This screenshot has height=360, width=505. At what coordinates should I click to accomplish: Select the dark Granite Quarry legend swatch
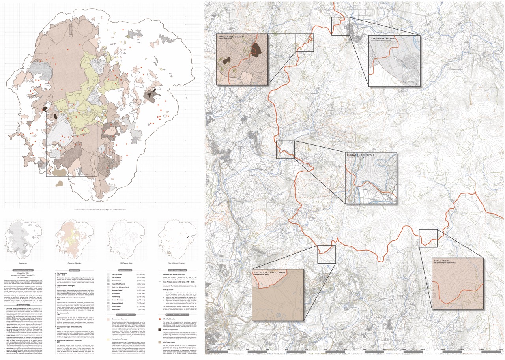coord(160,329)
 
